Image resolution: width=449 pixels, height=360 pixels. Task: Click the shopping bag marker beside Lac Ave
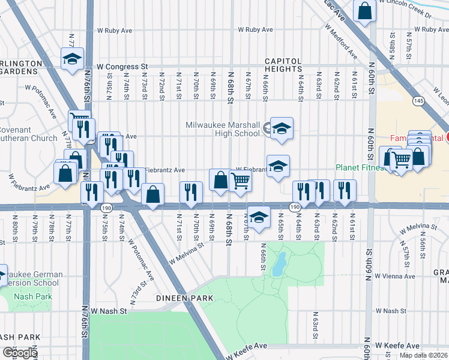point(364,10)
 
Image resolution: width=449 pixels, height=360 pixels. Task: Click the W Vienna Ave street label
point(395,277)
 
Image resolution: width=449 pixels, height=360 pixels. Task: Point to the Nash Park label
point(34,296)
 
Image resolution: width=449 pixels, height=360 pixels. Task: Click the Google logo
point(20,353)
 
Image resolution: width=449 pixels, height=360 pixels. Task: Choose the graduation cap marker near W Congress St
point(72,59)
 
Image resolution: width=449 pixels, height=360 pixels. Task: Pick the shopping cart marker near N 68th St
point(240,180)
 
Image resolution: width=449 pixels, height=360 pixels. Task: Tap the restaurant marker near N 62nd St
point(345,190)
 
